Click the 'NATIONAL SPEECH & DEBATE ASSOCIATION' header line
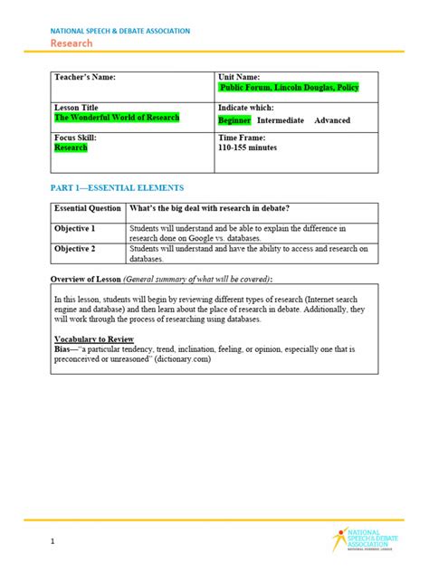(x=119, y=31)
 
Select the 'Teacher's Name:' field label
(x=85, y=77)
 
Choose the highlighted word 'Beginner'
(x=234, y=119)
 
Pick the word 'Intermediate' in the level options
(x=281, y=119)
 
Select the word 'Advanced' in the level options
(x=332, y=119)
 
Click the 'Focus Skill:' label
(x=75, y=137)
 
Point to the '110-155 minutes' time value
(x=248, y=148)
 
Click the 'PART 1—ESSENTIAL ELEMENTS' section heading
(x=117, y=187)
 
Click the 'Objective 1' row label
(x=75, y=228)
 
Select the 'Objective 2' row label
(x=75, y=248)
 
